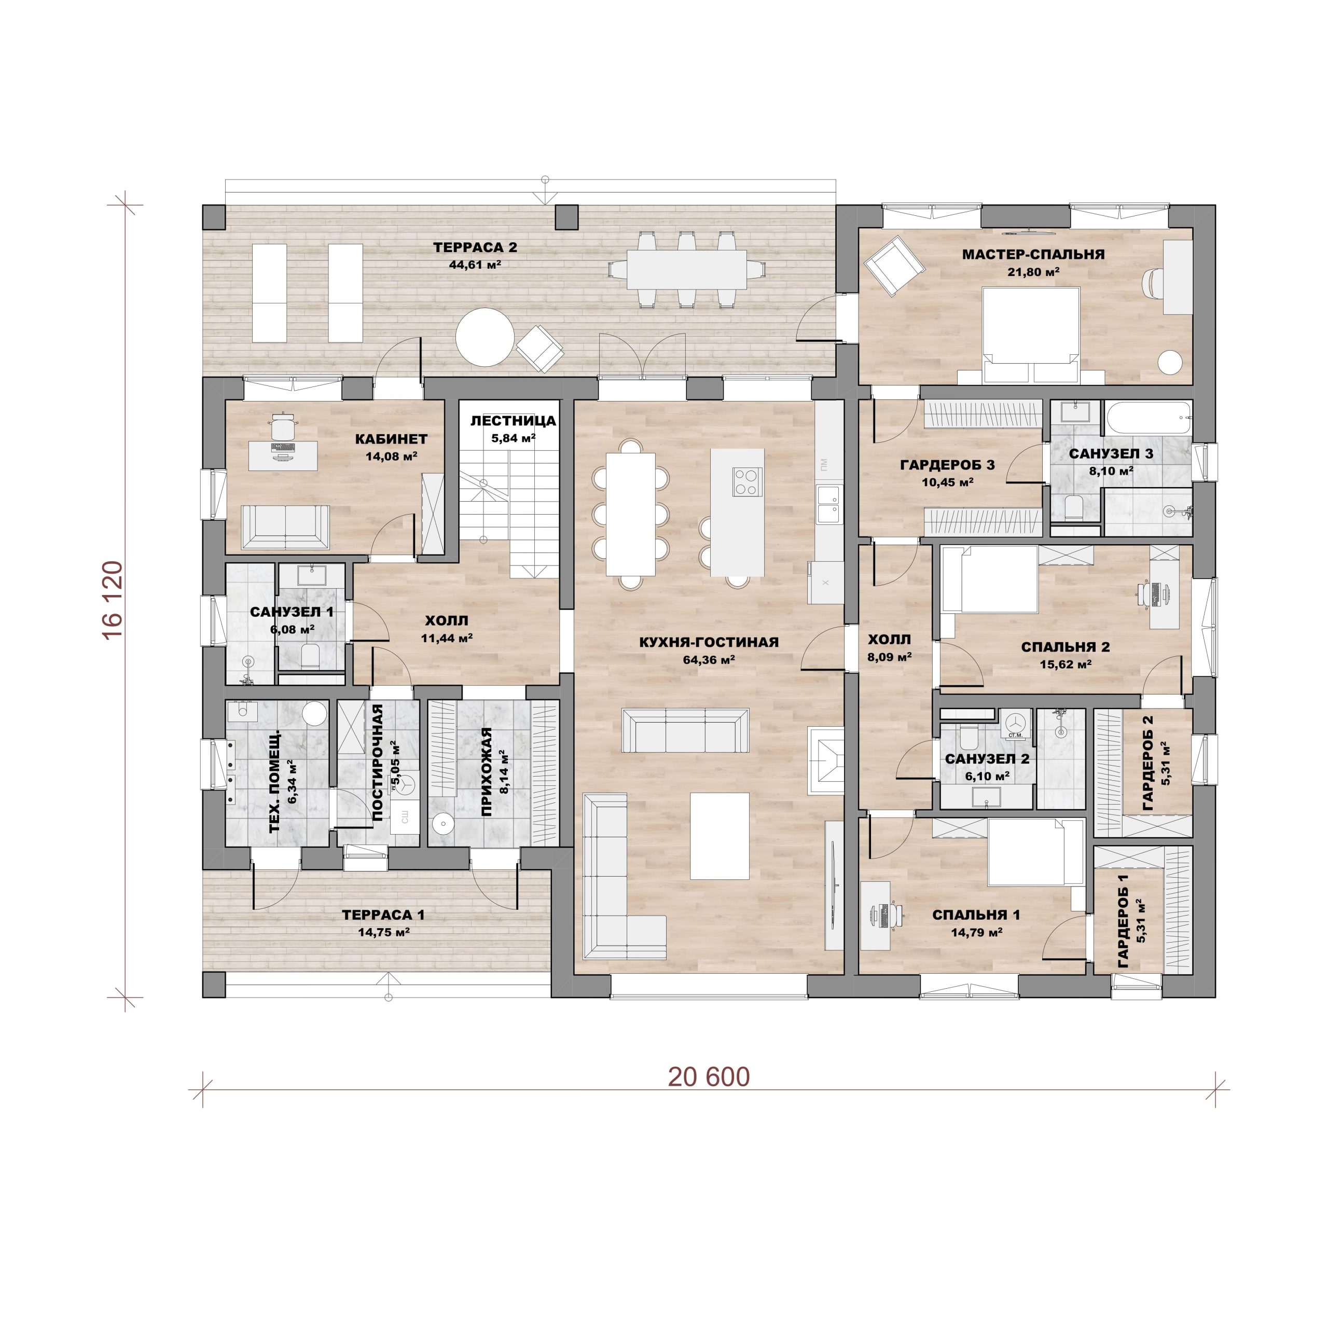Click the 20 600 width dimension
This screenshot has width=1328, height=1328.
(709, 1077)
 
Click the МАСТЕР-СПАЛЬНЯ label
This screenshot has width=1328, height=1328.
(1033, 254)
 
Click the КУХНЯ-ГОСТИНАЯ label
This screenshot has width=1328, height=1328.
(709, 642)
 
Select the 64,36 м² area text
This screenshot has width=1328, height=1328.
(709, 660)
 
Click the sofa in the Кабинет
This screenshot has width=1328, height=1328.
(285, 527)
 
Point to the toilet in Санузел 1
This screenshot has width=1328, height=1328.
(311, 656)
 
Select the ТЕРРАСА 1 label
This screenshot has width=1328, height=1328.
(383, 915)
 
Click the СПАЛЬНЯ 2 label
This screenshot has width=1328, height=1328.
(1066, 647)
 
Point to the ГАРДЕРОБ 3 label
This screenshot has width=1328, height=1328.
(947, 465)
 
